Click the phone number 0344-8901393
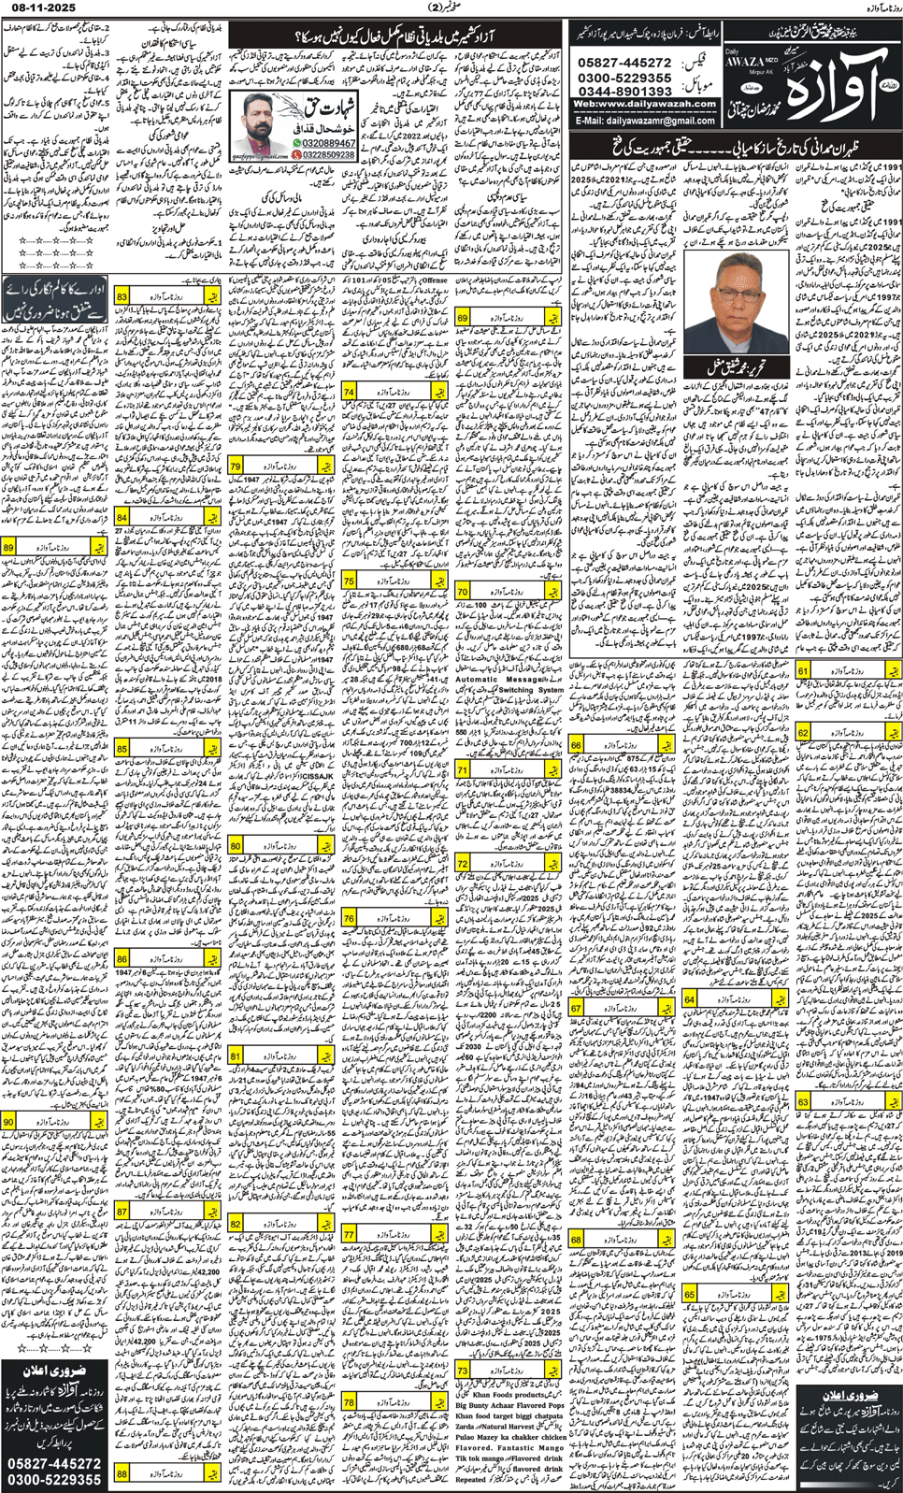click(x=624, y=91)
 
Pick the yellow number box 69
click(x=462, y=319)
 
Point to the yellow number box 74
click(x=349, y=392)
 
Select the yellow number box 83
click(x=122, y=296)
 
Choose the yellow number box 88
click(x=122, y=1473)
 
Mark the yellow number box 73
click(x=463, y=1370)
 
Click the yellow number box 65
click(x=690, y=1294)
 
